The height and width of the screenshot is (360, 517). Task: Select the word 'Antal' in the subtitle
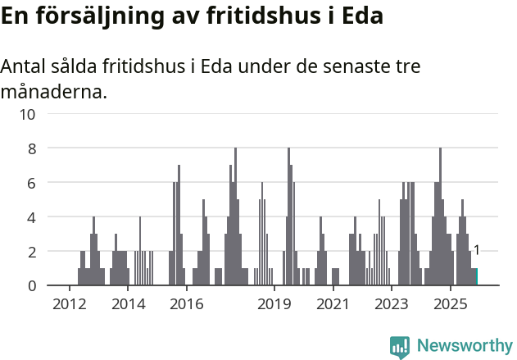click(24, 67)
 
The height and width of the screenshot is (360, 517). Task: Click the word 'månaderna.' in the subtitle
click(53, 92)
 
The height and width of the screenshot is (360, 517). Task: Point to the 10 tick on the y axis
click(27, 114)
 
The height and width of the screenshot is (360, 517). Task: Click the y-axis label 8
click(31, 148)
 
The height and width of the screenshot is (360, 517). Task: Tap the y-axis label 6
click(31, 183)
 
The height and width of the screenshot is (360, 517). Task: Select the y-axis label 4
click(31, 217)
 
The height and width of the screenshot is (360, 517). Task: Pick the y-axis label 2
click(31, 251)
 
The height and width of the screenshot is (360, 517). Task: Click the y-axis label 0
click(31, 285)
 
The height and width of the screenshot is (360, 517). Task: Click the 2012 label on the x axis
click(69, 305)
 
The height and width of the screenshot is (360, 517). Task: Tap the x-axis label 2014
click(128, 305)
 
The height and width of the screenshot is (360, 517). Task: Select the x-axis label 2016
click(186, 305)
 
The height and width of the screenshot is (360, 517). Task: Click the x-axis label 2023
click(391, 305)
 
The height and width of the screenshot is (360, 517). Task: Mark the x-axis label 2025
click(450, 305)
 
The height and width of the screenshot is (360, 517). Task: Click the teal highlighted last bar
click(475, 277)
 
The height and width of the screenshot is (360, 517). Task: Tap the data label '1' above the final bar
click(476, 251)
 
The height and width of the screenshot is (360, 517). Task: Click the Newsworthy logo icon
click(400, 347)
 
